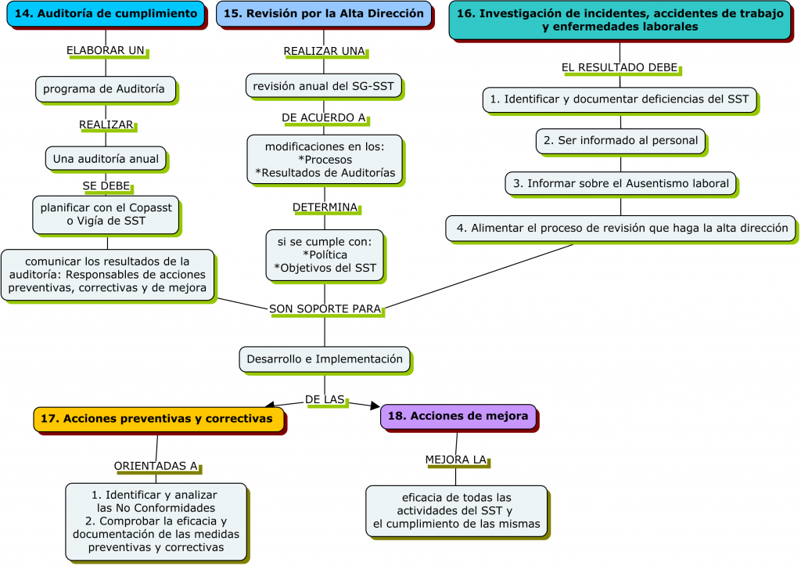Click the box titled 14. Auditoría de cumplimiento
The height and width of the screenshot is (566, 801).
(x=106, y=14)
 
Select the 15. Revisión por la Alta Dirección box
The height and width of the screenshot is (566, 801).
(x=324, y=14)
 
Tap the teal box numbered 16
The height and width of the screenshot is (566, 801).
(x=620, y=20)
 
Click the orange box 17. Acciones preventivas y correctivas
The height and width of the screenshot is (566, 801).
(x=156, y=419)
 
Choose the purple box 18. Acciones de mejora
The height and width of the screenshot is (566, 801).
(x=458, y=416)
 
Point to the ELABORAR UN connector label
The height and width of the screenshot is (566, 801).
(x=106, y=50)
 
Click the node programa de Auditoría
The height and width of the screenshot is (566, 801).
(x=104, y=89)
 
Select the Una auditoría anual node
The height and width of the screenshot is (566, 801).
(x=106, y=159)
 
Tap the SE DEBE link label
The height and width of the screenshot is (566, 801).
(x=106, y=186)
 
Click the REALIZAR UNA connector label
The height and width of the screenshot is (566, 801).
(x=324, y=51)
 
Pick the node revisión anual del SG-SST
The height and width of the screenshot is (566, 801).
(x=324, y=86)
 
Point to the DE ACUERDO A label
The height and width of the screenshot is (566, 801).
(x=324, y=118)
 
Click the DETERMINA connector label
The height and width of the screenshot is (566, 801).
(x=325, y=207)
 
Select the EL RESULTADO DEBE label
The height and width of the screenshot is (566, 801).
(x=620, y=67)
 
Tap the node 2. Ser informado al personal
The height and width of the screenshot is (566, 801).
(x=620, y=141)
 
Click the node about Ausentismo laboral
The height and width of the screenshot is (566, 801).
(x=620, y=184)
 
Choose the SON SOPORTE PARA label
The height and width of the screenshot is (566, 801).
(x=325, y=309)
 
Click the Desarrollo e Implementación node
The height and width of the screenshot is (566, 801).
(x=325, y=359)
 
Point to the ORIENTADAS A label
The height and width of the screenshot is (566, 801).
(x=156, y=466)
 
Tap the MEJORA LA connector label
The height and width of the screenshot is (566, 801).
(x=456, y=460)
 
